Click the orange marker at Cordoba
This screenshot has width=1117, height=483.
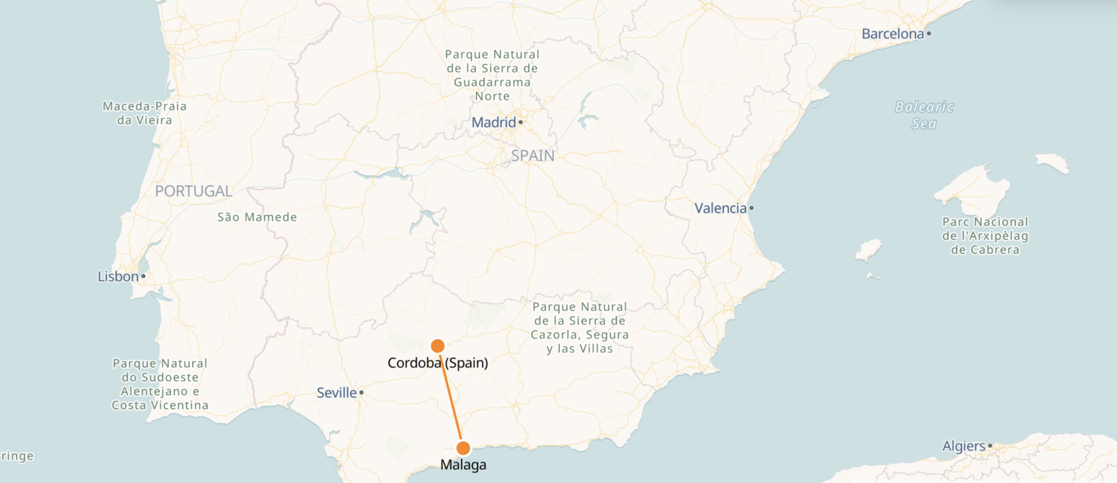(x=437, y=346)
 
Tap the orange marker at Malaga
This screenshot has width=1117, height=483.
(x=463, y=448)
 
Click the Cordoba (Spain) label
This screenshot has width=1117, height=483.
(x=437, y=363)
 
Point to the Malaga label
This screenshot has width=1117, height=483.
(x=463, y=465)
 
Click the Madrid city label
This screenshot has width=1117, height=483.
(x=493, y=122)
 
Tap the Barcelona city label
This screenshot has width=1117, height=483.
(x=892, y=34)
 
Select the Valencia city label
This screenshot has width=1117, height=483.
(x=720, y=208)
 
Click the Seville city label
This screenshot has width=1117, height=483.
(x=336, y=393)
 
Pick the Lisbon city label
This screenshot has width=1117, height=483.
(x=118, y=276)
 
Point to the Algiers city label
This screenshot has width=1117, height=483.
(x=963, y=446)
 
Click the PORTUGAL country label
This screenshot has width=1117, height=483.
(x=193, y=191)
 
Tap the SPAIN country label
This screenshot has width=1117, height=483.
(x=533, y=156)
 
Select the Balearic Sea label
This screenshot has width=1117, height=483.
(x=924, y=115)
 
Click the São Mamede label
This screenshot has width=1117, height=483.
(x=257, y=217)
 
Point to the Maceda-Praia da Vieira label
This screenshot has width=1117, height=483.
(x=144, y=113)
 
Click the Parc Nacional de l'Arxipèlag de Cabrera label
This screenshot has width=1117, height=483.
(x=985, y=236)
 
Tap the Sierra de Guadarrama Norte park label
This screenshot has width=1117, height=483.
(x=492, y=75)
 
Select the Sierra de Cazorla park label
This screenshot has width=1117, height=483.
(x=580, y=327)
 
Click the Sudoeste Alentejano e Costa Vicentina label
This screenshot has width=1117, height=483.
(x=160, y=384)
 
